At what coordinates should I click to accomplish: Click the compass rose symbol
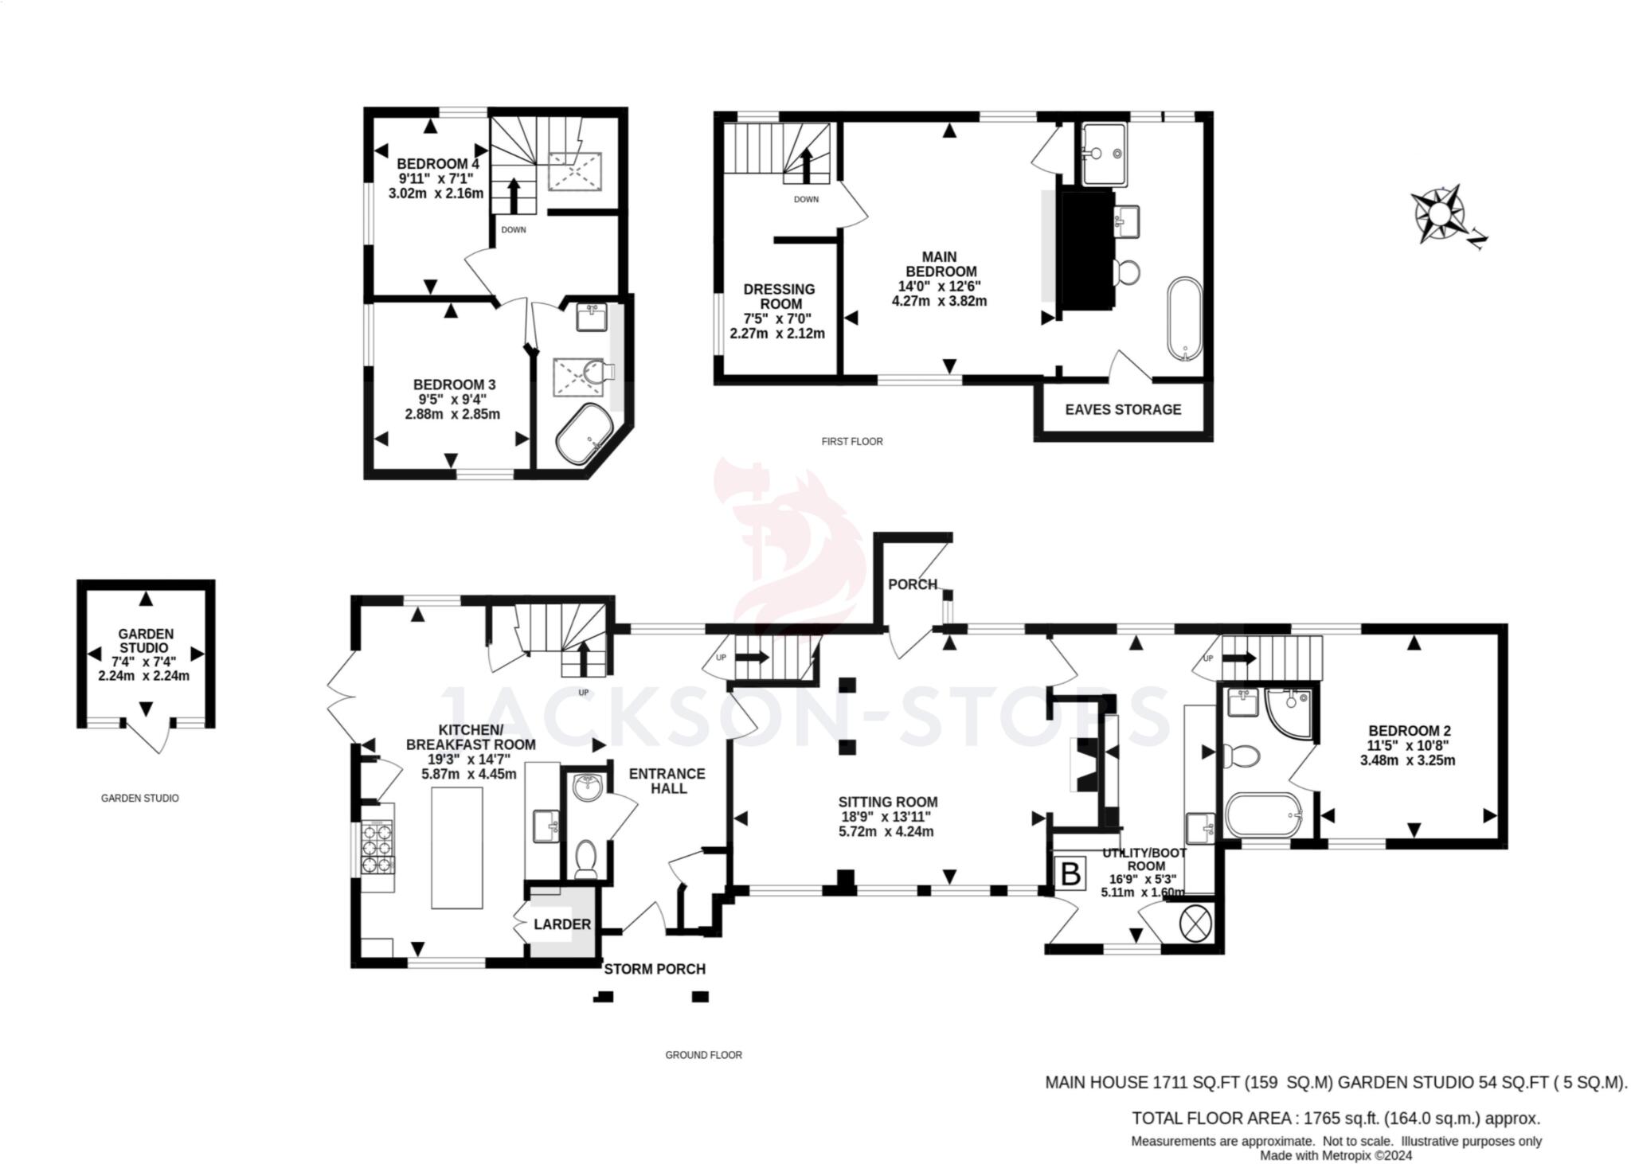(1439, 214)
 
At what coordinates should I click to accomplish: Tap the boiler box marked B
(1071, 873)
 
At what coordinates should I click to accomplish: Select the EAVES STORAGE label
(1123, 409)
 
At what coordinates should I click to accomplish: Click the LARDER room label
(562, 924)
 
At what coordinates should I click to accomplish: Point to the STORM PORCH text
(655, 969)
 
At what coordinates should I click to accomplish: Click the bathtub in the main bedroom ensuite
(1184, 319)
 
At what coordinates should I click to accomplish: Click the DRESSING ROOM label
(779, 296)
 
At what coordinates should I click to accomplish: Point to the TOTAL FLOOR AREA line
(1336, 1118)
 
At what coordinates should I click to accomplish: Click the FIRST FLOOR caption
(852, 441)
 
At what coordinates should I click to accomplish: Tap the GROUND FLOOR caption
(703, 1055)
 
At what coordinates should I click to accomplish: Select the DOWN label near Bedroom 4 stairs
(514, 230)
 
